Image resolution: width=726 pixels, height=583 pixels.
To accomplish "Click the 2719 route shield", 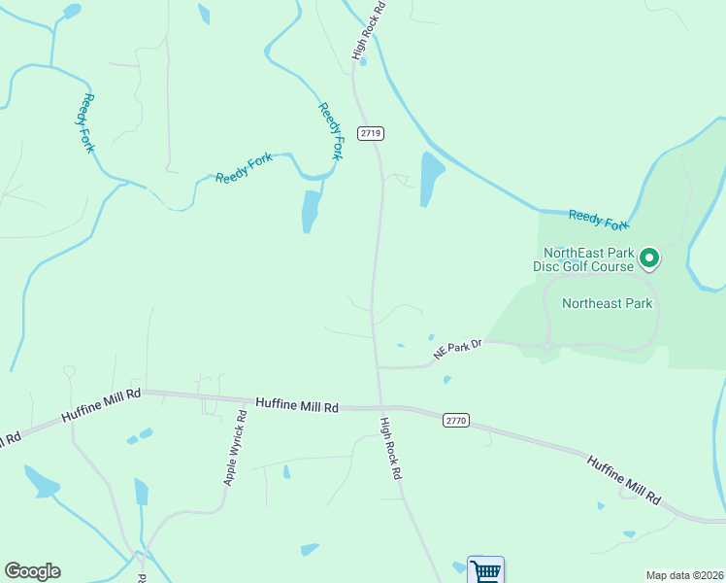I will click(x=370, y=133).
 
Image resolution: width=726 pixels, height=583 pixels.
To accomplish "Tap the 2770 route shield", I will click(x=456, y=420).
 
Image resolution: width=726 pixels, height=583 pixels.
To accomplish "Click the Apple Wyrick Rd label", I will click(x=236, y=448).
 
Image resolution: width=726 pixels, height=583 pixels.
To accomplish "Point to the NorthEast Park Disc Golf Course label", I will click(x=582, y=258).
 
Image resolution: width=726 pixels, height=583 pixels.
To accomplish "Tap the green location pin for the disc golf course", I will click(x=649, y=258).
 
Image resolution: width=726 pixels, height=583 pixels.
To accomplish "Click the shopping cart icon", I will click(x=485, y=569).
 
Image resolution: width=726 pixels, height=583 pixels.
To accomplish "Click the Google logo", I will click(x=32, y=571).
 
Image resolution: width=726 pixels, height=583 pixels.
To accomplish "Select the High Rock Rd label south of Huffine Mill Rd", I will click(x=391, y=449).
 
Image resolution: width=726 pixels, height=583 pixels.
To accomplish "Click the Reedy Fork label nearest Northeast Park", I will click(x=599, y=221).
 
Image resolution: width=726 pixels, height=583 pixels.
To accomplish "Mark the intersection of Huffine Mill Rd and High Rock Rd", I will click(x=381, y=407).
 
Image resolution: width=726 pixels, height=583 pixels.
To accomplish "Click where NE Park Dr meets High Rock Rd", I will click(x=378, y=368).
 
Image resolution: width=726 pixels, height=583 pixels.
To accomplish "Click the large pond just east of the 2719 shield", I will click(x=431, y=179).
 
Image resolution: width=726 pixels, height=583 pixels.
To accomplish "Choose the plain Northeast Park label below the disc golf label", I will click(x=607, y=303).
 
